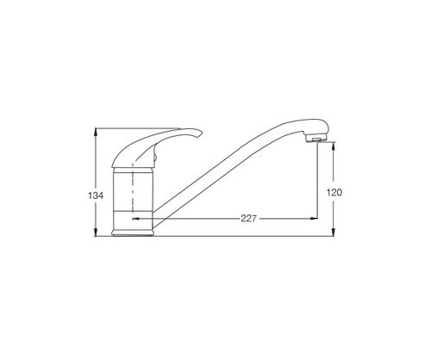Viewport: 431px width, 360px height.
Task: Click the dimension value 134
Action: coord(96,196)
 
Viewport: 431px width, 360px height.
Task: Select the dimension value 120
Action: coord(334,192)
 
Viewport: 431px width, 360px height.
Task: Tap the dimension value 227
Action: coord(248,219)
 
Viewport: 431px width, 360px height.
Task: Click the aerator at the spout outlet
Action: coord(316,140)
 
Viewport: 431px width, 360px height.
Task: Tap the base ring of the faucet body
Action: coord(133,233)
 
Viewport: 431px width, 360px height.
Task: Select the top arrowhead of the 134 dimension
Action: coord(96,132)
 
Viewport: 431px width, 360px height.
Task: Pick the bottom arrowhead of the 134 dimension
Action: coord(96,232)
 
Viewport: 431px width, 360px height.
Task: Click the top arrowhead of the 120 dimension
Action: coord(334,146)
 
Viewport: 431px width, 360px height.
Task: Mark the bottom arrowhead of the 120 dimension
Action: coord(334,232)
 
